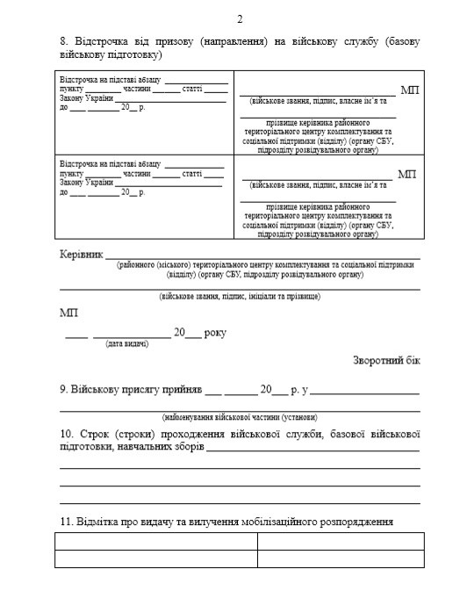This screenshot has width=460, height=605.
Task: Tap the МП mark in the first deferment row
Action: pyautogui.click(x=408, y=90)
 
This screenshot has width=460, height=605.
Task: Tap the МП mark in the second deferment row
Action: pyautogui.click(x=406, y=174)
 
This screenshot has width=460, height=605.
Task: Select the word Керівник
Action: pyautogui.click(x=81, y=253)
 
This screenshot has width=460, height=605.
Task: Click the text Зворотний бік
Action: pyautogui.click(x=387, y=360)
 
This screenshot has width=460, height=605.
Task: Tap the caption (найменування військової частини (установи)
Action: pyautogui.click(x=240, y=415)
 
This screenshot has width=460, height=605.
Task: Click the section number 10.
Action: pyautogui.click(x=67, y=434)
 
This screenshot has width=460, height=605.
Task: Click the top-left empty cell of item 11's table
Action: pyautogui.click(x=155, y=541)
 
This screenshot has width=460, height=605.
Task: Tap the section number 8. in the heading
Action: pyautogui.click(x=64, y=42)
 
